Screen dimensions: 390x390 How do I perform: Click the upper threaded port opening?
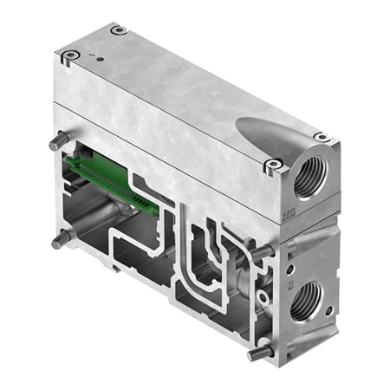click(x=310, y=178)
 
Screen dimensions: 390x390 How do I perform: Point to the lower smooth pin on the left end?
click(x=60, y=240)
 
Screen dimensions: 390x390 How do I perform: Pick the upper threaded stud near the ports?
click(x=263, y=252)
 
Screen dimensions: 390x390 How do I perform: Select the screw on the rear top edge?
click(x=119, y=30)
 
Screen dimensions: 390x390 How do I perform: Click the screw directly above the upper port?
click(x=322, y=137)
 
